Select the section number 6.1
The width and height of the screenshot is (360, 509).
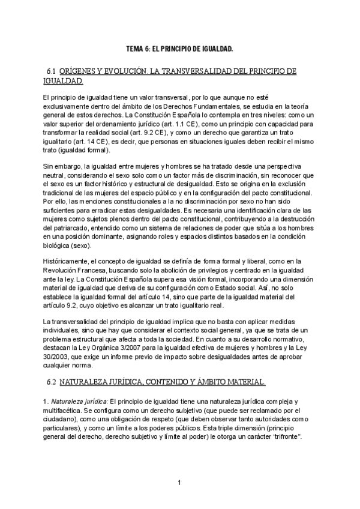[51, 71]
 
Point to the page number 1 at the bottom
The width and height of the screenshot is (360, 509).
[179, 483]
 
